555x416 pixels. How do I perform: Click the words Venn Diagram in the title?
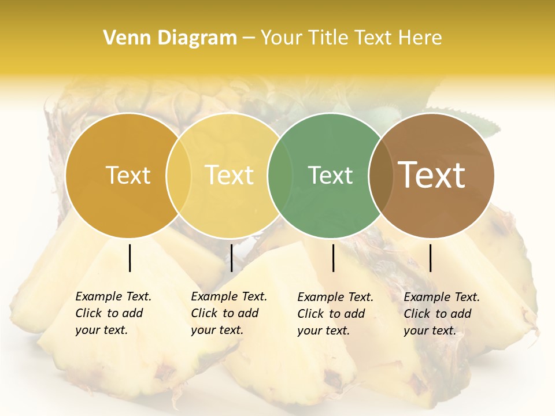[170, 38]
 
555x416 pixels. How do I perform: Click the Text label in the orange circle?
[128, 175]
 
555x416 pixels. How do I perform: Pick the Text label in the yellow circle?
[230, 175]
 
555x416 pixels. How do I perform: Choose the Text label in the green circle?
[330, 175]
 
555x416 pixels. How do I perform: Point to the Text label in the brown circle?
[432, 174]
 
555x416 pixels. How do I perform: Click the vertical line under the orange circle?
[130, 258]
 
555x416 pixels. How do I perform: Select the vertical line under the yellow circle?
[231, 258]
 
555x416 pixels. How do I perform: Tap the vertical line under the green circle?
[334, 258]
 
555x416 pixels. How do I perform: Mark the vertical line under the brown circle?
[431, 258]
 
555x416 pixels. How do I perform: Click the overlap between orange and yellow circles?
[179, 176]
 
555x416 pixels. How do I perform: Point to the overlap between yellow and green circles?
[280, 176]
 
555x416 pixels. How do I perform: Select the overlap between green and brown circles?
[380, 176]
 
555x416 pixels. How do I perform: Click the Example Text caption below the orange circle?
[113, 313]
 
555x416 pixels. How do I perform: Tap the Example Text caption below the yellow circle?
[228, 313]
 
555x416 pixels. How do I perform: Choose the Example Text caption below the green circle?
[335, 314]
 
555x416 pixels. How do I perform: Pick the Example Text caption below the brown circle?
[441, 314]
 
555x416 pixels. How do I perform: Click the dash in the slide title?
[249, 38]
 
